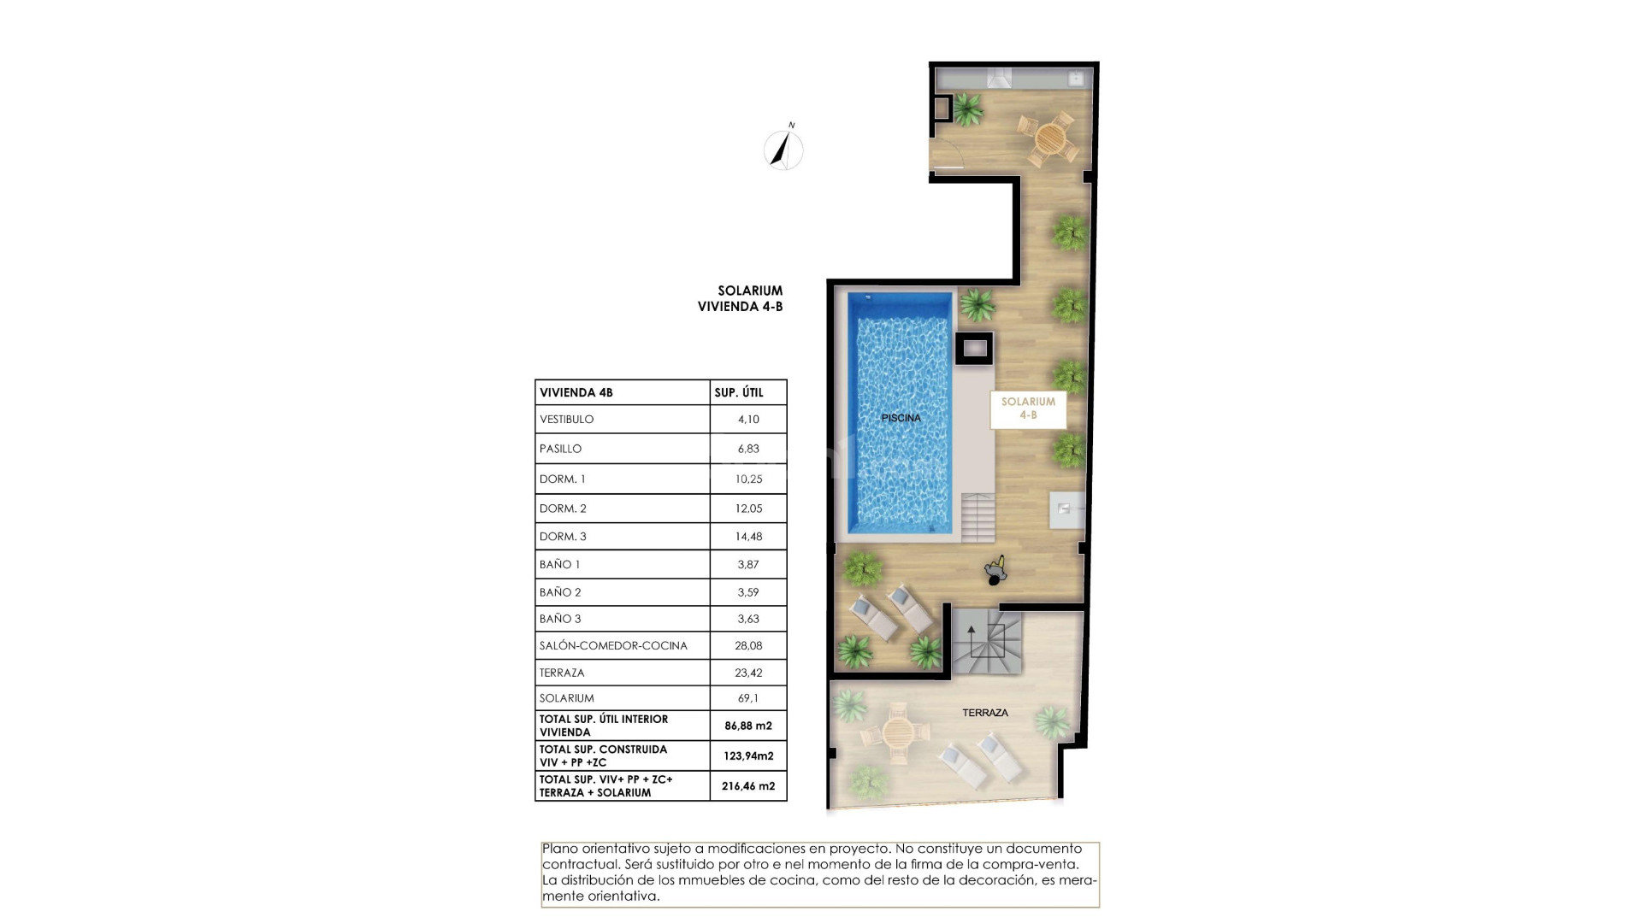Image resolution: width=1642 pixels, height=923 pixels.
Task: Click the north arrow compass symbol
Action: point(783,150)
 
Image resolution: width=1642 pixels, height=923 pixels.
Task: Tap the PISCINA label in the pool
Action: point(901,418)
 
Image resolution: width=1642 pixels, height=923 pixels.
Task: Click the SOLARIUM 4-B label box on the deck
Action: point(1028,409)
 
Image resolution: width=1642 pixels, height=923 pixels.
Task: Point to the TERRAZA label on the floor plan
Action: point(984,712)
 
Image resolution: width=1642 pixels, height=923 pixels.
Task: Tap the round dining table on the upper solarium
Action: point(1050,137)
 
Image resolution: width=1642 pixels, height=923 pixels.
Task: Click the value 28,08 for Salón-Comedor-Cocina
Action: point(747,645)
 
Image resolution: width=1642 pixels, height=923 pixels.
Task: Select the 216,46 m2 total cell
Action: point(747,785)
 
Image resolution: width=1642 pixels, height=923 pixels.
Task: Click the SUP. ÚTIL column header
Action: point(738,393)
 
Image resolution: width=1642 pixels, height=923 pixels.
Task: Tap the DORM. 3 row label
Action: point(563,537)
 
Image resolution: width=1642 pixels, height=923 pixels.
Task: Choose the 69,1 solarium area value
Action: point(747,698)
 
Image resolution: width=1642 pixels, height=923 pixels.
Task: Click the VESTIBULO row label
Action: point(566,420)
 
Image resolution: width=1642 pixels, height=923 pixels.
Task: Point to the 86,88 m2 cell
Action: point(747,726)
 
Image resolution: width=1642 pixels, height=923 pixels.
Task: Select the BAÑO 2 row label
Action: point(560,592)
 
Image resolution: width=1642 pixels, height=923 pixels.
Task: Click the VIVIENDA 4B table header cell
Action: point(576,393)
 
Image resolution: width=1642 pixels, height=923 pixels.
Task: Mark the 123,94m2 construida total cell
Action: point(747,755)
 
